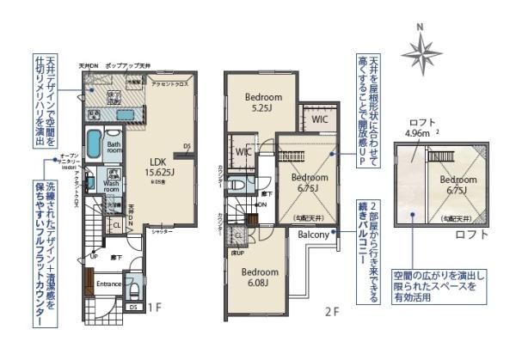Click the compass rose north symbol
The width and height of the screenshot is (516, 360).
point(421,51)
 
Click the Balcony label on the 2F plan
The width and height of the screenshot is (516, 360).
point(315,234)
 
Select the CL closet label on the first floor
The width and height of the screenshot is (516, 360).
point(116,227)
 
